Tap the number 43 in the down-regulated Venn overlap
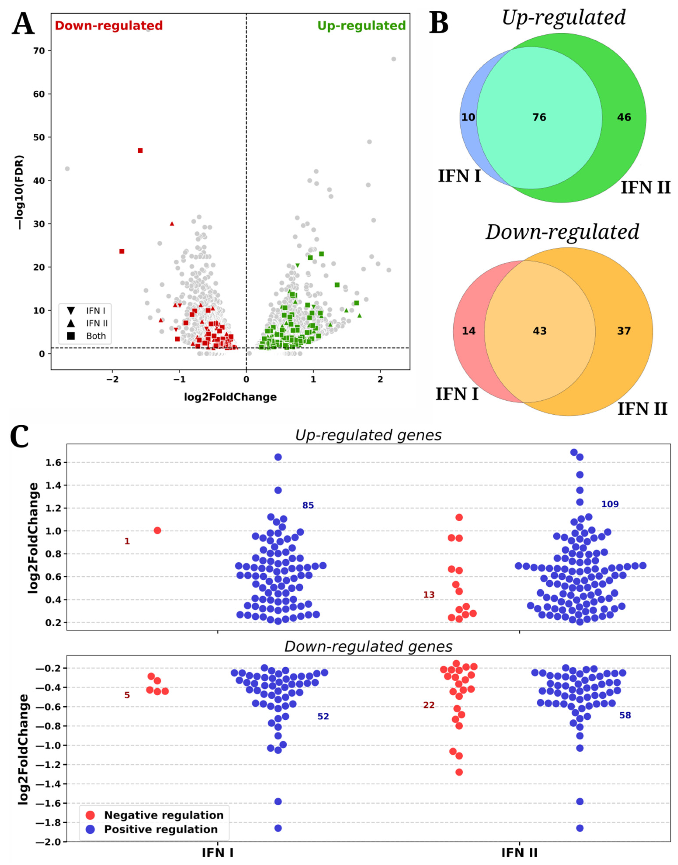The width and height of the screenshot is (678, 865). (540, 331)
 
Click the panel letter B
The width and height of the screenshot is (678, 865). (439, 24)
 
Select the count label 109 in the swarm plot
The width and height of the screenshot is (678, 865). (610, 504)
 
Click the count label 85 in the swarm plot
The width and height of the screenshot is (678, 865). (308, 505)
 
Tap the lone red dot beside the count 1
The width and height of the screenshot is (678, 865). (157, 531)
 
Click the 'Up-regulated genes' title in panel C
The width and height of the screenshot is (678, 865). (368, 435)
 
